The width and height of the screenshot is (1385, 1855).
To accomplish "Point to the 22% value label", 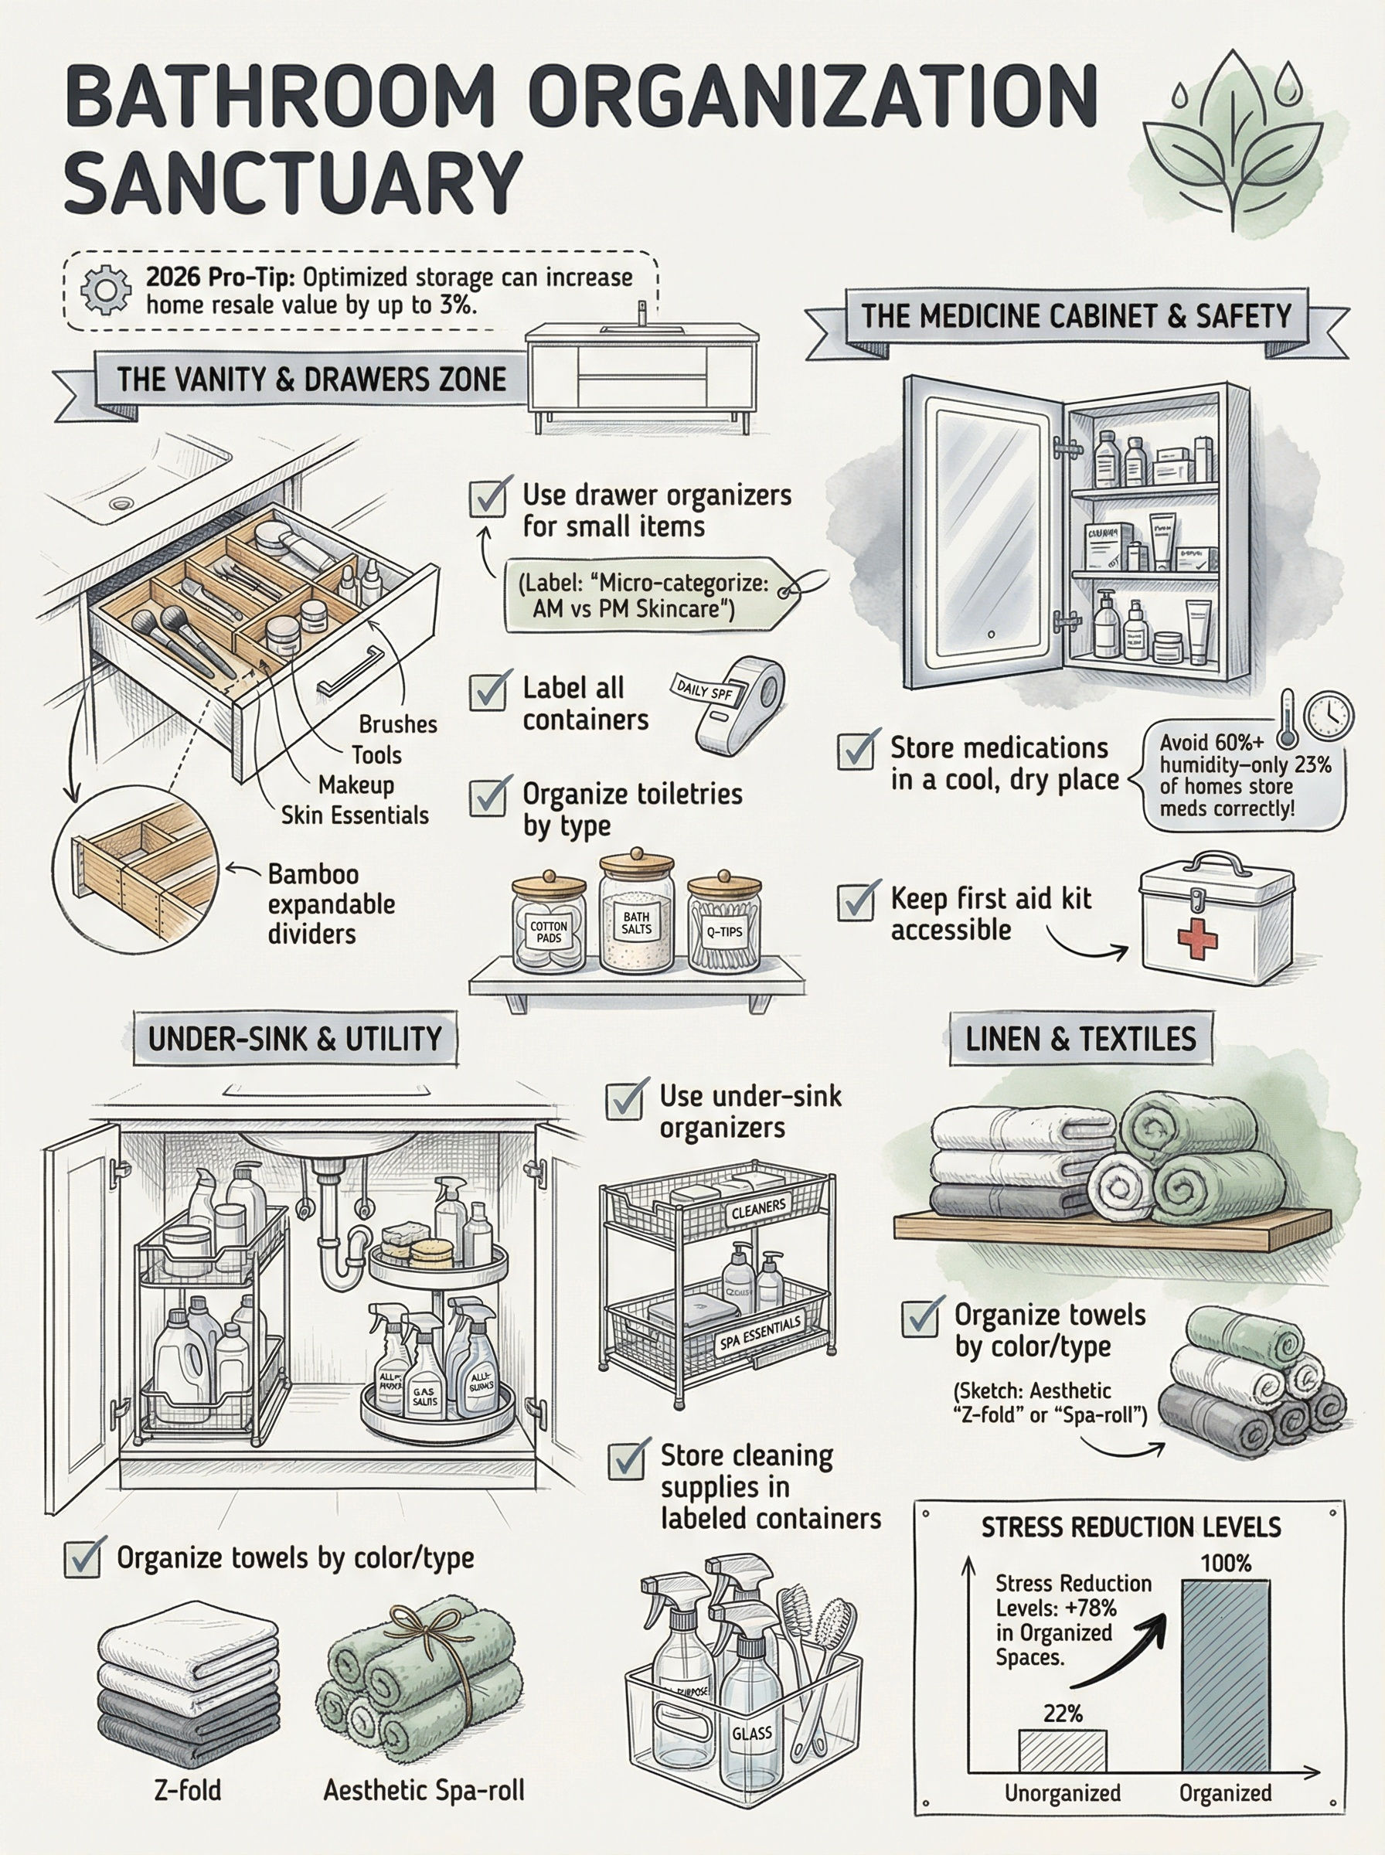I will click(1062, 1689).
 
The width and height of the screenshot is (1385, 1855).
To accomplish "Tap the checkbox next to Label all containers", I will click(487, 691).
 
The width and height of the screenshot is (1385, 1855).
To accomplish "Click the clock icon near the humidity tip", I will click(1330, 715).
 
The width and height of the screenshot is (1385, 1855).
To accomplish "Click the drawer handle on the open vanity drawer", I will click(349, 671).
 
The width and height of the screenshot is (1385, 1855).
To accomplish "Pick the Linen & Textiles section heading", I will click(1080, 1040).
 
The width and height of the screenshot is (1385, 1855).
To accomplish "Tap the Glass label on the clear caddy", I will click(751, 1733).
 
